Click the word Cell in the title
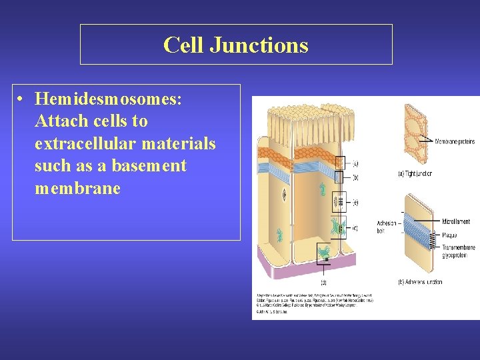click(183, 45)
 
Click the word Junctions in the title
click(259, 45)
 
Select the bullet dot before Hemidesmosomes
click(22, 99)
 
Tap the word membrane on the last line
click(77, 188)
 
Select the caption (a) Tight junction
click(414, 174)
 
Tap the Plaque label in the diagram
click(450, 235)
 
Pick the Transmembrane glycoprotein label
click(458, 251)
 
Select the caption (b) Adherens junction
click(420, 282)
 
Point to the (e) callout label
click(355, 202)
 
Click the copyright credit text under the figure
click(313, 303)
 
